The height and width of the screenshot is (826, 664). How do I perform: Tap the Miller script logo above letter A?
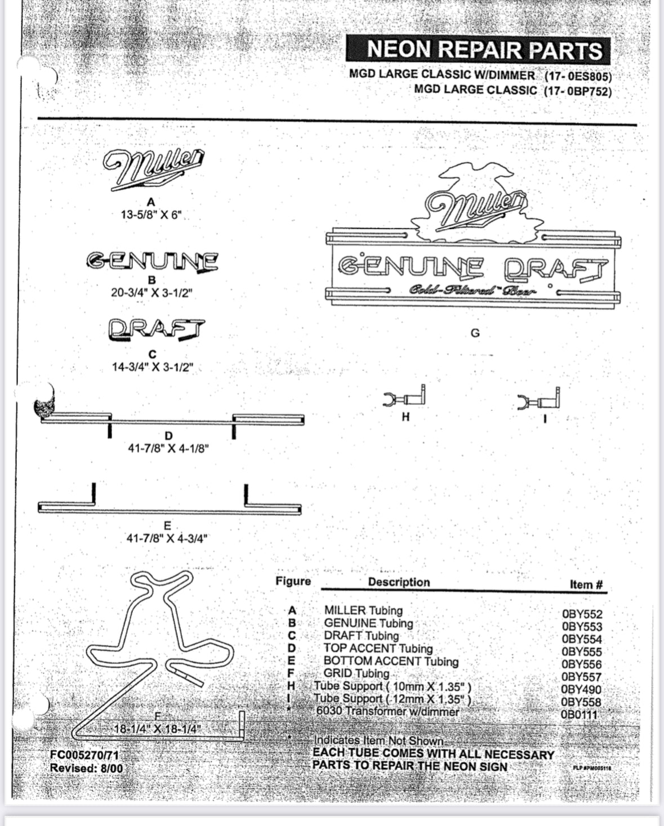coord(153,167)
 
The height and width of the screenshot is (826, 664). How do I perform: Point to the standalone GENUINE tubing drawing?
coord(152,261)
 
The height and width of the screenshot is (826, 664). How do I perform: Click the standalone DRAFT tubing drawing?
coord(157,330)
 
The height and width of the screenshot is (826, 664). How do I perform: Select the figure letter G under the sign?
coord(475,333)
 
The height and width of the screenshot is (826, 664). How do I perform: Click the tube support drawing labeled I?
coord(538,400)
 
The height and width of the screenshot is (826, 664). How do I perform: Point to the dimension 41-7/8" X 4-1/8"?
coord(168,449)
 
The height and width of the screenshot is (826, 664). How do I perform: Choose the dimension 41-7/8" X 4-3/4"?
coord(167,538)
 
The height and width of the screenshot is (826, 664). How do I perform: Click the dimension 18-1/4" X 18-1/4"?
coord(158,729)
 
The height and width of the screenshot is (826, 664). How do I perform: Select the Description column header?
coord(399,582)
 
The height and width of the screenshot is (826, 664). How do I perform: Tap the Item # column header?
coord(586,584)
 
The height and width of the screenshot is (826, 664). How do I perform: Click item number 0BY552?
coord(582,614)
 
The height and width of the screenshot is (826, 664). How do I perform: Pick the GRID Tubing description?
coord(356,673)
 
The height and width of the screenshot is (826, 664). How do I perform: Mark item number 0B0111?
coord(580,715)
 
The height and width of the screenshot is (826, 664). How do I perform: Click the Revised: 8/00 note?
coord(86,768)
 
